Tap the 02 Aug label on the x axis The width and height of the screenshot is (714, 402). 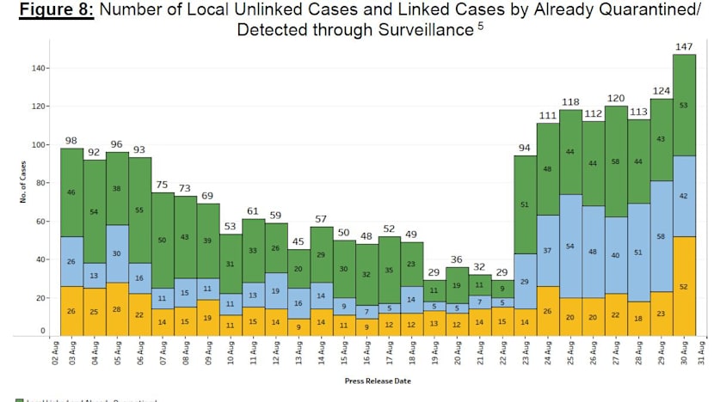pos(53,353)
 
